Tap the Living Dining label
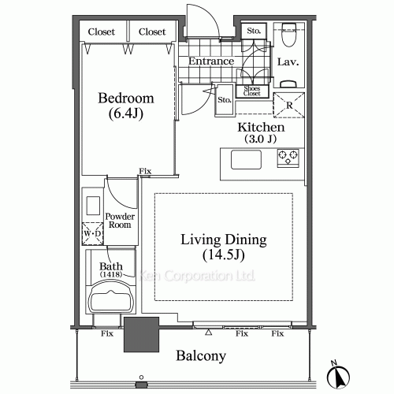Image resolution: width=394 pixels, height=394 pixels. coord(223,247)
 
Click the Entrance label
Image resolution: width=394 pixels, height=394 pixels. coord(211,61)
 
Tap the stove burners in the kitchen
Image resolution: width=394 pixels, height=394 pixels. coord(287,156)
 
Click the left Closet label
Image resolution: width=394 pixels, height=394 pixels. coord(102,32)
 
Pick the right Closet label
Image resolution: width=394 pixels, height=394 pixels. coord(152,32)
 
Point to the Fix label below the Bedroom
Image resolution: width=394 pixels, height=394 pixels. coord(145,172)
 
